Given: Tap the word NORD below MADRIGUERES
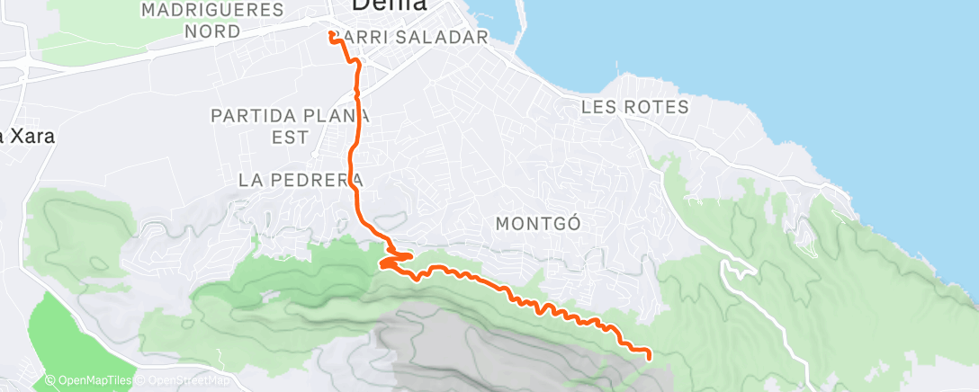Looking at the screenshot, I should (213, 31).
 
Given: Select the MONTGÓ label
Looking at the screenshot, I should (537, 221).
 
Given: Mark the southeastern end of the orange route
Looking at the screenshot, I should (649, 357).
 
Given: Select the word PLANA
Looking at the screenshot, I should (337, 116).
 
